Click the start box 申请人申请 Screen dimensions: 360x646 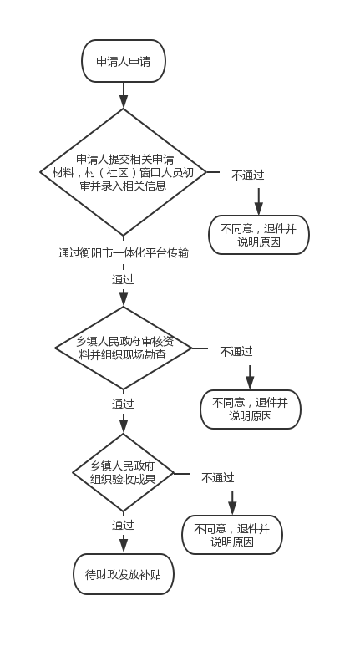coord(124,61)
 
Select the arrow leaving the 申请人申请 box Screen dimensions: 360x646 coord(124,95)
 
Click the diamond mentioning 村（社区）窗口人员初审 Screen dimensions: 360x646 coord(123,172)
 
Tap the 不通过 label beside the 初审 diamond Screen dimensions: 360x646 coord(247,175)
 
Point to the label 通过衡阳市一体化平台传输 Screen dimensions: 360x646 coord(123,253)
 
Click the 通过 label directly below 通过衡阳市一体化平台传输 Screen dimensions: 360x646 coord(123,280)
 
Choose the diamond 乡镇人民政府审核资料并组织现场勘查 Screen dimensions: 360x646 coord(123,348)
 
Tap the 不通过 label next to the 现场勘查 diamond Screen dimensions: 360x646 coord(236,352)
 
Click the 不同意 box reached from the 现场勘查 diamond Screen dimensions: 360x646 coord(251,409)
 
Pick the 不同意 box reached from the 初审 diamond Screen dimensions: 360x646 coord(259,235)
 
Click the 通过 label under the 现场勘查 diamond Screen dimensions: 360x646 coord(123,404)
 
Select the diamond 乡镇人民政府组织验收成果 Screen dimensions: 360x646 coord(123,472)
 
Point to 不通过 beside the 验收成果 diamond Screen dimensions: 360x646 coord(218,478)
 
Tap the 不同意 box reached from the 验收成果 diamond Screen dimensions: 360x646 coord(232,535)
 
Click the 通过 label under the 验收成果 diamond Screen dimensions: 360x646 coord(123,526)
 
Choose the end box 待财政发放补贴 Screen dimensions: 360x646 coord(124,574)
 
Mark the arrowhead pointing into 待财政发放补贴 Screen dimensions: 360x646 coord(124,546)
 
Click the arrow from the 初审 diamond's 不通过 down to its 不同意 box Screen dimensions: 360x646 coord(259,202)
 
